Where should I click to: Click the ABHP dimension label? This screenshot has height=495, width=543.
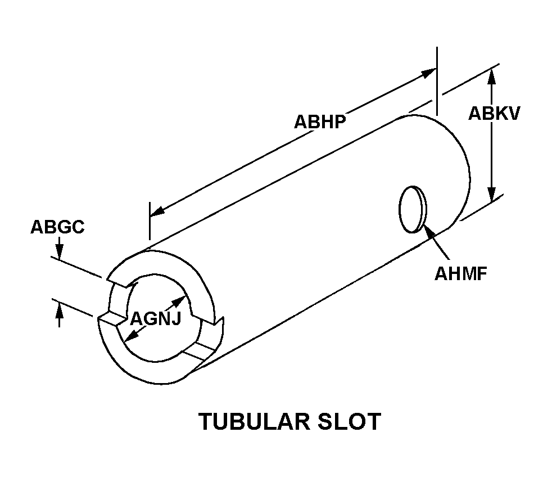point(319,121)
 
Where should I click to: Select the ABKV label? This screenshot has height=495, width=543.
point(494,113)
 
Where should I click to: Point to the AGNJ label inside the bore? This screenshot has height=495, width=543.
point(156,318)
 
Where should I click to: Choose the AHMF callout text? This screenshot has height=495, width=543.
point(460,274)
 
